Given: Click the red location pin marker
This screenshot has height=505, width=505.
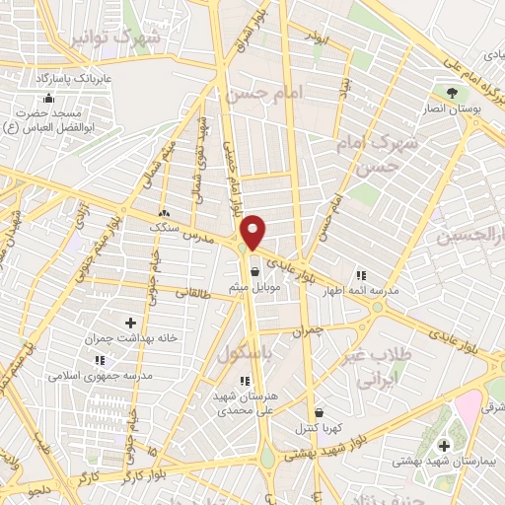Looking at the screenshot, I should pos(254,231).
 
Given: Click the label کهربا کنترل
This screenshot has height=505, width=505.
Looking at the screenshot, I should pos(317,429).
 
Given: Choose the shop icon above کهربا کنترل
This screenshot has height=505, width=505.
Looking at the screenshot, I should pos(318,412).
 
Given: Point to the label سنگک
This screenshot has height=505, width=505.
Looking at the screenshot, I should pos(165,228).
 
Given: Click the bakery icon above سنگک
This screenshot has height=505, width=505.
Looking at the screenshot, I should pos(164,213).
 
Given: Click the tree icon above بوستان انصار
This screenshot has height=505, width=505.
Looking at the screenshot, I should pos(453,92).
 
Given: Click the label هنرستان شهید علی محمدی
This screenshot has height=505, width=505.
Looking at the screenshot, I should pos(245,399).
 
